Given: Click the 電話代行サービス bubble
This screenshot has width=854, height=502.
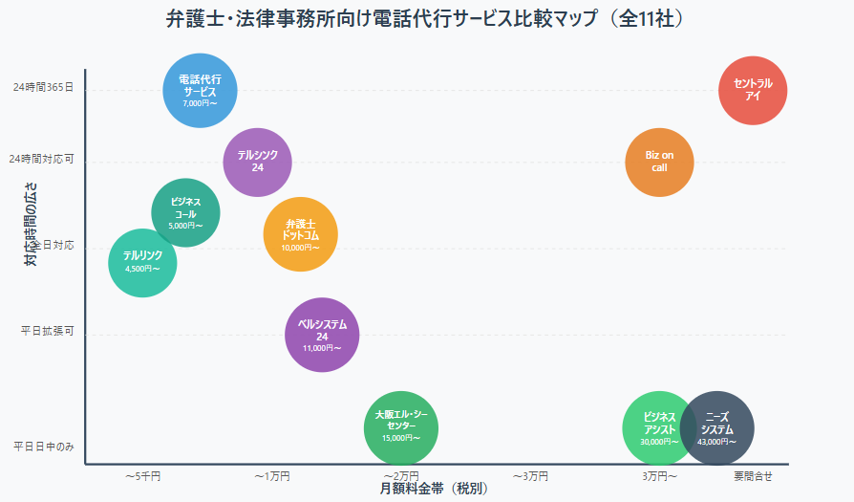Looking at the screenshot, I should click(200, 90).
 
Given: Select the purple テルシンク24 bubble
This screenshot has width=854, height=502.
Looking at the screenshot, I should click(257, 162).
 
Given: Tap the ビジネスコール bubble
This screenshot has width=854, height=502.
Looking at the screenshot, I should click(185, 212).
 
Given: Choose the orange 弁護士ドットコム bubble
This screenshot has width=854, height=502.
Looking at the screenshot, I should click(301, 234).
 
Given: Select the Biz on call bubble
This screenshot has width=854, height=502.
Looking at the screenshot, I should click(659, 162).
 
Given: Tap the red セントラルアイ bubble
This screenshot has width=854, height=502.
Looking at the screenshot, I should click(753, 89).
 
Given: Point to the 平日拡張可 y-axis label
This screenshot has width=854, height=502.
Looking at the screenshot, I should click(47, 332).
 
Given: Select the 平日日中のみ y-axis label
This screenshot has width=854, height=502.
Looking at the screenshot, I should click(43, 447).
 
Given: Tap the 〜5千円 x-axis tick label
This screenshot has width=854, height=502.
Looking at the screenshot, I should click(142, 475).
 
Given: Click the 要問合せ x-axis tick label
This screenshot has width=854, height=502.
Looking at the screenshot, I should click(753, 475).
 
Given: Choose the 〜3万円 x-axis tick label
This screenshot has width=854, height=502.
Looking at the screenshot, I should click(530, 475).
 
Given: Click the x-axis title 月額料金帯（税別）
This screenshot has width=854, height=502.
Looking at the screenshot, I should click(434, 489).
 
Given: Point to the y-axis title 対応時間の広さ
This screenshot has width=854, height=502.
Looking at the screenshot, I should click(31, 224).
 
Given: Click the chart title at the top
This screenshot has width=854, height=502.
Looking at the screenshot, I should click(426, 18).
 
